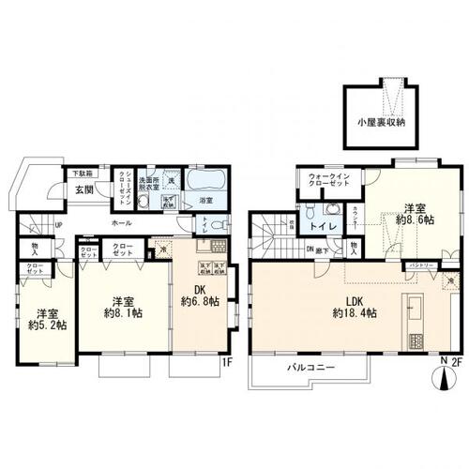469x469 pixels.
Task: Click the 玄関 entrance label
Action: [x=83, y=189]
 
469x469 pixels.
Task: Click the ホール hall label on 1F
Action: [x=121, y=224]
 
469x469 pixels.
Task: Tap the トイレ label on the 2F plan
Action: [x=325, y=225]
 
